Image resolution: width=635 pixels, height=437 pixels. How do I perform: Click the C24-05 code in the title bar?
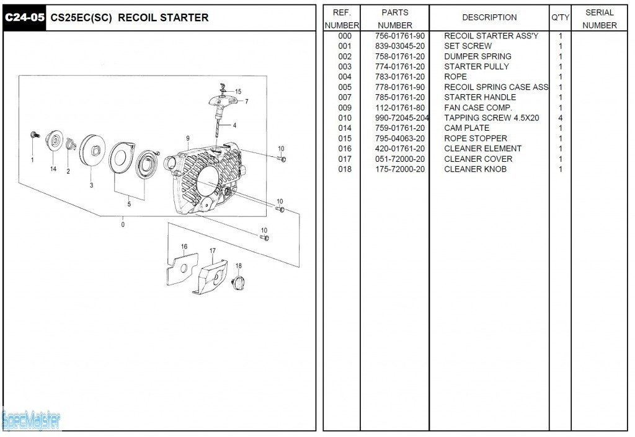click(25, 17)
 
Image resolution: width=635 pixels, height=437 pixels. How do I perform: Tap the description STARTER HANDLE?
click(479, 97)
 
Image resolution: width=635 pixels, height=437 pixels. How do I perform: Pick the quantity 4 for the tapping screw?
click(560, 118)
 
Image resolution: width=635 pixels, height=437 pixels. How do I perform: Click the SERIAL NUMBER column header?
click(599, 19)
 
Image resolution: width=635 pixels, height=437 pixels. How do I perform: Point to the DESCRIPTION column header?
click(489, 17)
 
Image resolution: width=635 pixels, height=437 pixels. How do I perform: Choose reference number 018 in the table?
click(345, 169)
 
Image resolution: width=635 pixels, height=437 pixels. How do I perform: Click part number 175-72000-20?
click(400, 169)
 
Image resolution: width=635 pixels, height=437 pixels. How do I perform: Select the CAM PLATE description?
click(466, 128)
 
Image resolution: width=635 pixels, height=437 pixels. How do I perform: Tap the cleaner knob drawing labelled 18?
click(238, 282)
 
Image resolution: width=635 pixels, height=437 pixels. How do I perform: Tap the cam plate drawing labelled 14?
click(55, 141)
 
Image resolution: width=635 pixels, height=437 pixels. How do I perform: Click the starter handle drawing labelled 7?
click(223, 101)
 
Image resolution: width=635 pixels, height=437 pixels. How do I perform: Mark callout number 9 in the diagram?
click(187, 138)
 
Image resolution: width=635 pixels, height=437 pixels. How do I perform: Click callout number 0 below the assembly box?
click(123, 224)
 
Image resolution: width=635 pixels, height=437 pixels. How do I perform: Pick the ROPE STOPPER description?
click(475, 138)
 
